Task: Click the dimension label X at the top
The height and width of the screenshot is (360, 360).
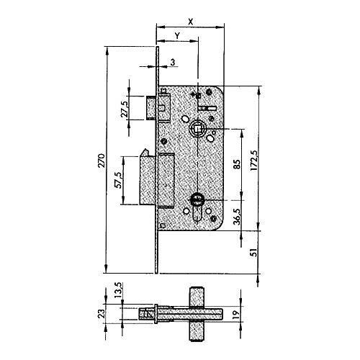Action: coord(191,22)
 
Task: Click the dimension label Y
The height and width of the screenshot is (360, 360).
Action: coord(177,36)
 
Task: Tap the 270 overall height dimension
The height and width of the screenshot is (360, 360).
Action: coord(102,161)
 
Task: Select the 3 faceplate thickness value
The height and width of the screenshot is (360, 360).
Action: coord(173,63)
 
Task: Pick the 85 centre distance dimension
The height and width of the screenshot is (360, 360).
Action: coord(237,165)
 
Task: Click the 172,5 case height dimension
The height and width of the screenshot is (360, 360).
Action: coord(253,161)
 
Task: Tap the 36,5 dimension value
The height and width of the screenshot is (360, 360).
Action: coord(237,217)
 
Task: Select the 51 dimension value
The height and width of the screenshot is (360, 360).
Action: coord(253,253)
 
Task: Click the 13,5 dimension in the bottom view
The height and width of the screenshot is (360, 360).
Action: coord(119,290)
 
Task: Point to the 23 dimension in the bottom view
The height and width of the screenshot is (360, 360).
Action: coord(102,314)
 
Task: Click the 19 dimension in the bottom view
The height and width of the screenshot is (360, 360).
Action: coord(236,314)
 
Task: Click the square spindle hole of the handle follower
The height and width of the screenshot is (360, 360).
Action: coord(197,129)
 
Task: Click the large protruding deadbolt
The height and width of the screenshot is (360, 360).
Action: coord(148,178)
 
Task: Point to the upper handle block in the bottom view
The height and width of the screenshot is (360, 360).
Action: coord(197,297)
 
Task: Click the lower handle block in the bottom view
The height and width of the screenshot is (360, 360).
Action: coord(197,331)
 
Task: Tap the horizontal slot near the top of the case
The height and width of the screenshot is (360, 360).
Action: coord(207,109)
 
